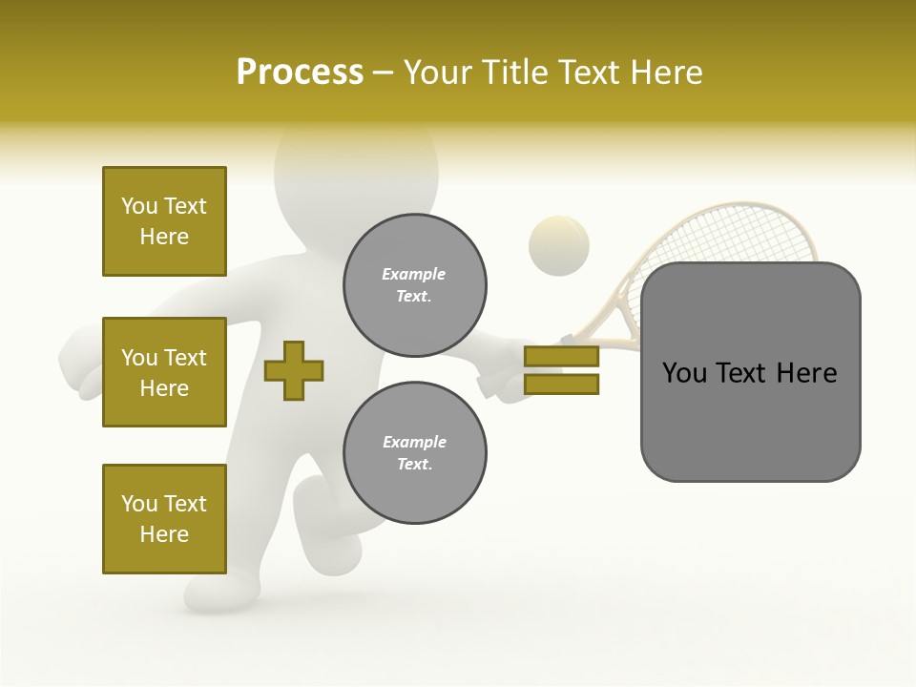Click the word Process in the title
pos(300,73)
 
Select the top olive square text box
pos(164,221)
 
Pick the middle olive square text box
pos(164,372)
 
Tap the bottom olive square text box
pos(164,519)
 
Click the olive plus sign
pos(294,370)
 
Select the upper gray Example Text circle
pos(414,284)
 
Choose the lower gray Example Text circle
pos(414,452)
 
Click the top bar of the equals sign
pos(561,356)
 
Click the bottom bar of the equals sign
pos(561,385)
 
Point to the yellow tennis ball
pos(559,246)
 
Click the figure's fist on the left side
pos(80,367)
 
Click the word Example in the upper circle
pos(414,274)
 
